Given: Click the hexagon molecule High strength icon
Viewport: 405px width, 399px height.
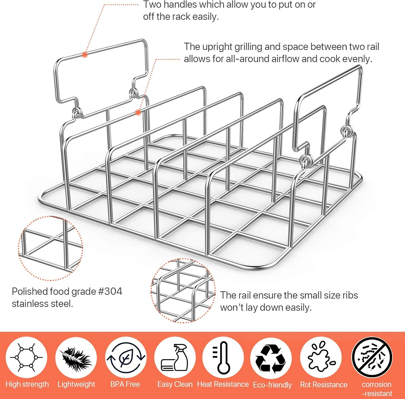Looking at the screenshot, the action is [26, 357].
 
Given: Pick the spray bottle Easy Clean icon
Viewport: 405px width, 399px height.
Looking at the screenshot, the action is [175, 357].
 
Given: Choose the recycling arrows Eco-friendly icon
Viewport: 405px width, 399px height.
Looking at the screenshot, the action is [271, 359].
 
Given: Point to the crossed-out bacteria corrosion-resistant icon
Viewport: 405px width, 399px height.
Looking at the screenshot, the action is [372, 357].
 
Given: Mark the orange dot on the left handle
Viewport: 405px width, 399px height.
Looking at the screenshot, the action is [85, 55].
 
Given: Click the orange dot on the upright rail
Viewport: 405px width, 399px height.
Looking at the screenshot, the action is [138, 112].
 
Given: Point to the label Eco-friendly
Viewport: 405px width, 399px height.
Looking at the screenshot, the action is [272, 385].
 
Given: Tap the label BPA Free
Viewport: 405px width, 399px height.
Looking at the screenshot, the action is [125, 384].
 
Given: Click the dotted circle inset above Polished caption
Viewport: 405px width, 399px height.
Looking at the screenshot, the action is [50, 248].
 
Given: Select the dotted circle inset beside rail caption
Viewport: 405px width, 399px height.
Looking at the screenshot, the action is [183, 290].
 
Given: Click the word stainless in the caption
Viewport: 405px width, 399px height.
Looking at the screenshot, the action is [30, 304].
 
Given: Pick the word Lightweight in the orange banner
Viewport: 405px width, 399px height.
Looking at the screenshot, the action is [76, 384].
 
